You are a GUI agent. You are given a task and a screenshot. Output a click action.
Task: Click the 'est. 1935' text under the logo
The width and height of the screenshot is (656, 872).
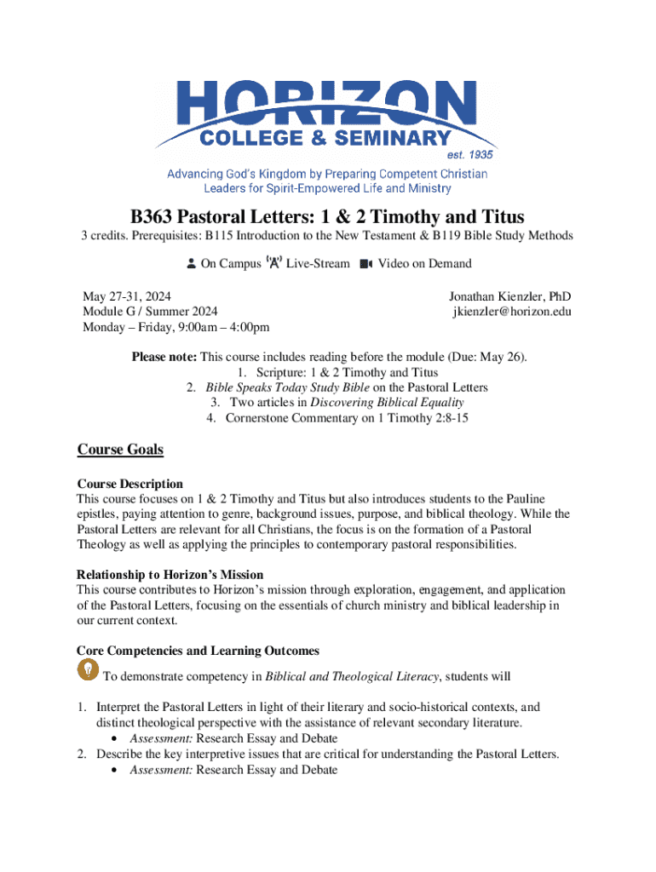(x=470, y=155)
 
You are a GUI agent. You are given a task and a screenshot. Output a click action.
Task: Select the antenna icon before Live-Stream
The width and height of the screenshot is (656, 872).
(x=273, y=263)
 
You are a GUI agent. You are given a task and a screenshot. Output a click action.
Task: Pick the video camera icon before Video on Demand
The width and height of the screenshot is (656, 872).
(x=366, y=264)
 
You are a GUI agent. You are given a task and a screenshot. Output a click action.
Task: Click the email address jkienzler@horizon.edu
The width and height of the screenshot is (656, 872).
(x=511, y=312)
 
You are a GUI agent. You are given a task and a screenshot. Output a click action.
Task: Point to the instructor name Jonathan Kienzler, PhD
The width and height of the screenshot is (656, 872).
(x=509, y=296)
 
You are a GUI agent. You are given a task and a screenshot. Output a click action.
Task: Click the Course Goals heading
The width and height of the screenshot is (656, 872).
(x=120, y=450)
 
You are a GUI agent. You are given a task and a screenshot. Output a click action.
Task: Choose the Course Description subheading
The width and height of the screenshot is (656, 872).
(x=129, y=484)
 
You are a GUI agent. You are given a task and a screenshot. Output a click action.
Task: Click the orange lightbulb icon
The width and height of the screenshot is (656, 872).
(x=88, y=670)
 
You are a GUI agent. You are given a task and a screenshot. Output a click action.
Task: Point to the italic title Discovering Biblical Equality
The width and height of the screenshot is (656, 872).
(x=387, y=403)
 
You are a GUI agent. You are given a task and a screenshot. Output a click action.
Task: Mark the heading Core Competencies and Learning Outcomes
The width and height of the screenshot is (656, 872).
(x=198, y=651)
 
